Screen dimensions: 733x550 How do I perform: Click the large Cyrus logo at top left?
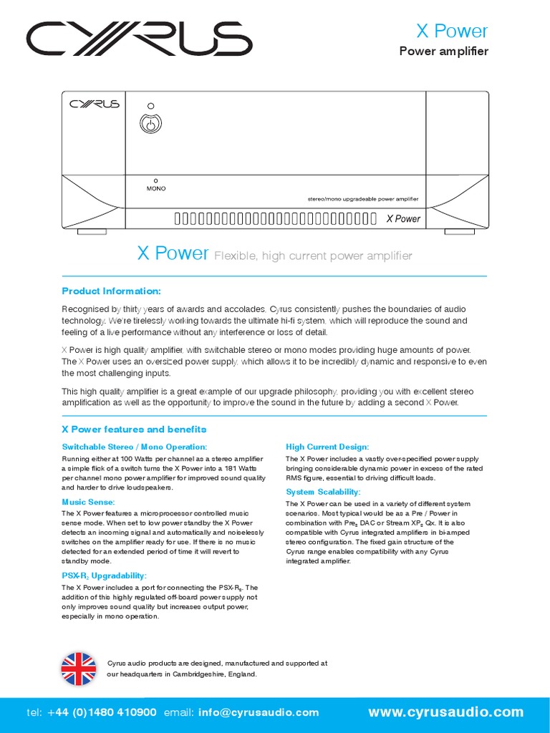click(x=140, y=39)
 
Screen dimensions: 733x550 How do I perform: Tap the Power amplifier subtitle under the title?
click(x=443, y=51)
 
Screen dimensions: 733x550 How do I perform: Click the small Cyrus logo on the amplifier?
click(x=94, y=104)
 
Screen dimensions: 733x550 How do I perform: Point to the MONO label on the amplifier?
click(x=156, y=188)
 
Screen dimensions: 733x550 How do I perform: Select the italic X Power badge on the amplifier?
click(x=403, y=218)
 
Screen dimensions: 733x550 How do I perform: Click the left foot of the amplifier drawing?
click(x=92, y=232)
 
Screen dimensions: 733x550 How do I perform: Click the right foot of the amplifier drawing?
click(x=459, y=232)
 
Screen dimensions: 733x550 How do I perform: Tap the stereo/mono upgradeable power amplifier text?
click(x=357, y=199)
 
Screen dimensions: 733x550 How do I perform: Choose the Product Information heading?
click(x=112, y=291)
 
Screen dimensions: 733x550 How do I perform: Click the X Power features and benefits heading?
click(x=134, y=429)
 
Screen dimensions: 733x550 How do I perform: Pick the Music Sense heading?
click(x=88, y=503)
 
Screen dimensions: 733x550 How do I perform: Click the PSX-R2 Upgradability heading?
click(x=105, y=576)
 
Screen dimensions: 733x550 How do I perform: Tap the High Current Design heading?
click(x=327, y=447)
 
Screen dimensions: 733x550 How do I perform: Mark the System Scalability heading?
click(x=323, y=492)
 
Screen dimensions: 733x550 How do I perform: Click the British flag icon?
click(x=79, y=669)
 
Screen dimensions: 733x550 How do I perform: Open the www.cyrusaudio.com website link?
click(x=445, y=712)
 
